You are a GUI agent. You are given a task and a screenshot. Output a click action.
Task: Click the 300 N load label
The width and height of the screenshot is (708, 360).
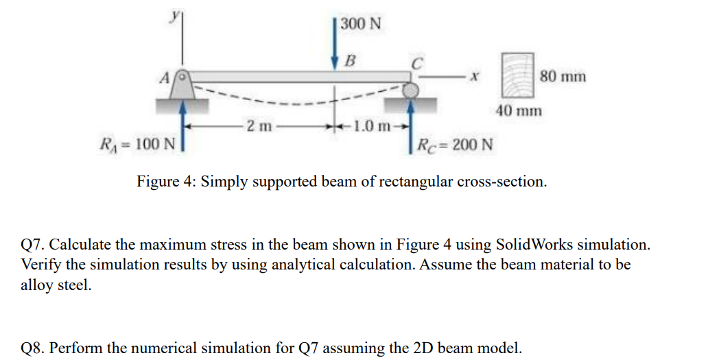point(361,24)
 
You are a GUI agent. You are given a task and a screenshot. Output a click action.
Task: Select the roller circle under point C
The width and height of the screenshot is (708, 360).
point(410,90)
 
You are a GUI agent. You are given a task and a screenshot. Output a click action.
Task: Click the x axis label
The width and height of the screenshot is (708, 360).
point(473,78)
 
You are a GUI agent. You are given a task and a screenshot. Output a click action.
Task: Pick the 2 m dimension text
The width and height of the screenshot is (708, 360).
point(260,126)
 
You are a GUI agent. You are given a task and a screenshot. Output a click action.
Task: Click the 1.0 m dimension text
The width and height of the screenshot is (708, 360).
point(370,126)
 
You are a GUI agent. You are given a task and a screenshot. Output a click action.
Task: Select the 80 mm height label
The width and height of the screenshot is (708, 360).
point(563,76)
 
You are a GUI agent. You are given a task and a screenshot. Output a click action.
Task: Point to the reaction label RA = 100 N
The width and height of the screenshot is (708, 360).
point(137,144)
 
